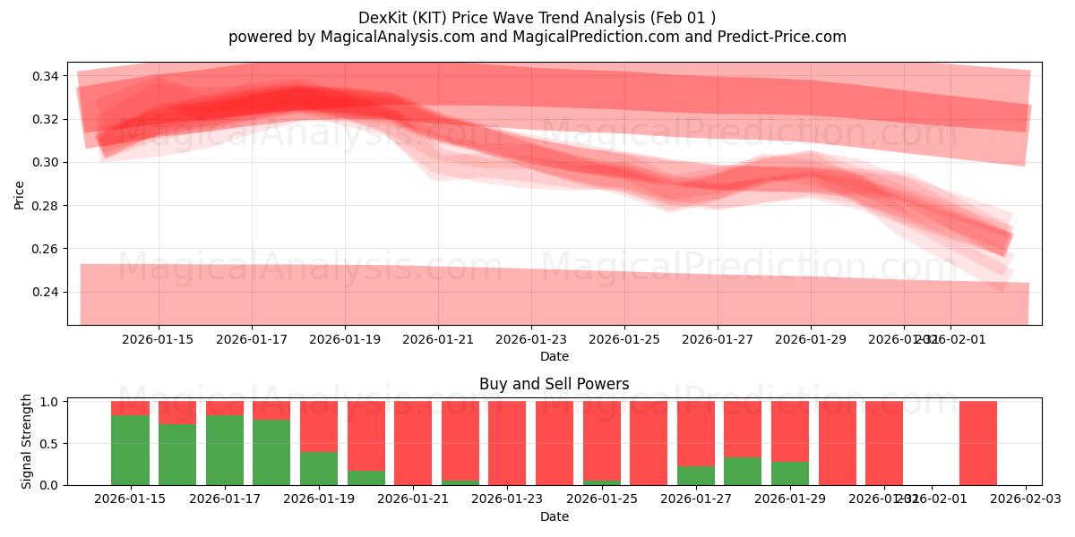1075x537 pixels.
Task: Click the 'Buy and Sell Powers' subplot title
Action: (554, 384)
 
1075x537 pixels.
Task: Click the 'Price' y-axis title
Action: (20, 193)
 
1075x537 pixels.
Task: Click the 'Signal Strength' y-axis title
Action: (27, 441)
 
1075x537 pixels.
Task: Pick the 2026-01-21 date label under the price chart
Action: (438, 339)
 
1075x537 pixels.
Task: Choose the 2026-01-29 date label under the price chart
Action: (811, 339)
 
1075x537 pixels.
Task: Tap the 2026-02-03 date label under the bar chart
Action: (1025, 499)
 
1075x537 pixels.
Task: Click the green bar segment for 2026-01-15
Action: (130, 450)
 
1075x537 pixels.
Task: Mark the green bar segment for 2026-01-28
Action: (743, 471)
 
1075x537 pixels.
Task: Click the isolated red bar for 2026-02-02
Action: (978, 443)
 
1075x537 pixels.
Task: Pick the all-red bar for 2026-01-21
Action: (413, 443)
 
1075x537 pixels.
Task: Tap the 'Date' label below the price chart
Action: (554, 356)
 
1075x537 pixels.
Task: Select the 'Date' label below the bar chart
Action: (554, 516)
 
